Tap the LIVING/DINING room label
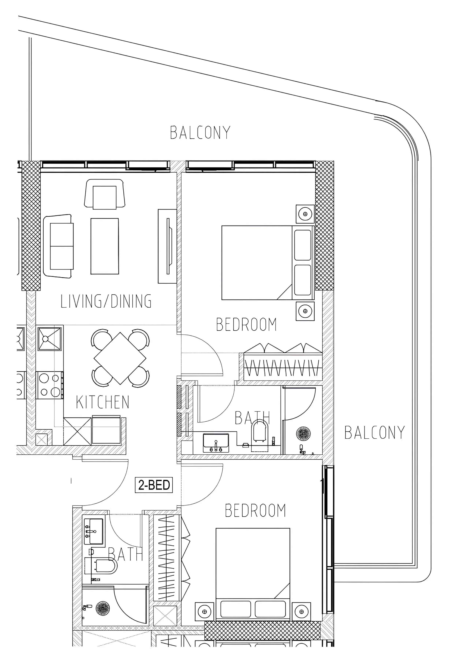(106, 302)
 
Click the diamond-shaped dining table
(120, 358)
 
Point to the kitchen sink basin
(50, 338)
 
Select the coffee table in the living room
(105, 246)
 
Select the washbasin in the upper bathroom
(216, 443)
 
